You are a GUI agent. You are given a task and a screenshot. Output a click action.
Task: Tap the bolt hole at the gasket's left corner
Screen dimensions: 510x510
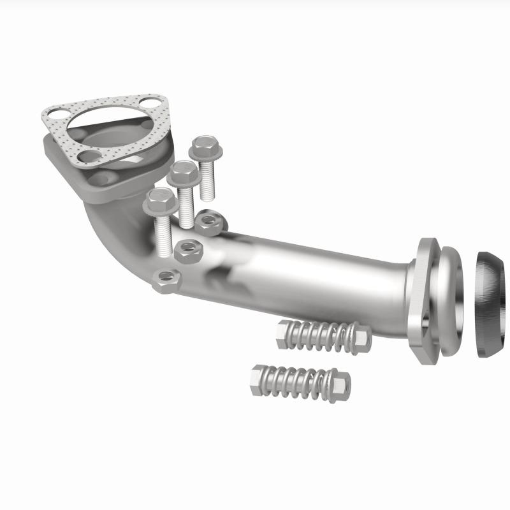pyautogui.click(x=52, y=115)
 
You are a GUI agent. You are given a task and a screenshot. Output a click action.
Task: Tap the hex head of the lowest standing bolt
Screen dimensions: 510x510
pyautogui.click(x=159, y=201)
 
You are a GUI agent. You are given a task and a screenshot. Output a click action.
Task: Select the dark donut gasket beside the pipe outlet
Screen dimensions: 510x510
pyautogui.click(x=491, y=296)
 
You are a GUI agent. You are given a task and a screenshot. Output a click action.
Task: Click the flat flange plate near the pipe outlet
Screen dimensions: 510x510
pyautogui.click(x=422, y=300)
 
